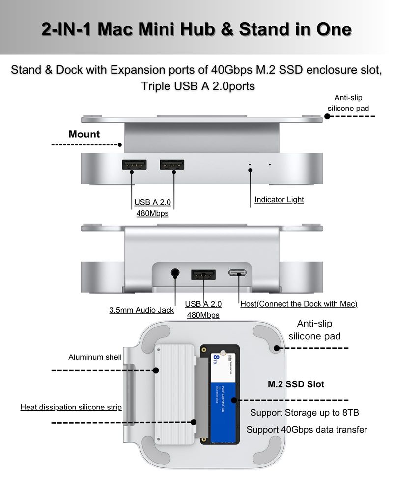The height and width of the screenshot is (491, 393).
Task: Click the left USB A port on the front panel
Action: pyautogui.click(x=134, y=165)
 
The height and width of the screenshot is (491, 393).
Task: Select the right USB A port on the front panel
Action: pyautogui.click(x=171, y=165)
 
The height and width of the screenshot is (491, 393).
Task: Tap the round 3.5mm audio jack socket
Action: pyautogui.click(x=175, y=273)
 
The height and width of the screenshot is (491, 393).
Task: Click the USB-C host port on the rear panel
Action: pyautogui.click(x=239, y=273)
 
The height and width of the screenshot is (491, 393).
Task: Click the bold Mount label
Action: pyautogui.click(x=84, y=134)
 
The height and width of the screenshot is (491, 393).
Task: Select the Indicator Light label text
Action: pyautogui.click(x=279, y=200)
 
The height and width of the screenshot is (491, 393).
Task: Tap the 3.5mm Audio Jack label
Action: pyautogui.click(x=141, y=310)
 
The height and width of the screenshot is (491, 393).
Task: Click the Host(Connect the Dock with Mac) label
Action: pyautogui.click(x=299, y=304)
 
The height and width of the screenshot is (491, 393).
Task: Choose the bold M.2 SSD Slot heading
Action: pyautogui.click(x=296, y=384)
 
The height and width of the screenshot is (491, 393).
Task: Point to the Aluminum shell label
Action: pyautogui.click(x=95, y=357)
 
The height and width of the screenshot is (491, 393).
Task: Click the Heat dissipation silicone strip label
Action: pyautogui.click(x=71, y=407)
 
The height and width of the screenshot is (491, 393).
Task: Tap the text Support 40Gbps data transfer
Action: pyautogui.click(x=307, y=430)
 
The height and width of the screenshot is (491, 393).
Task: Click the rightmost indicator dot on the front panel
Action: pyautogui.click(x=269, y=164)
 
